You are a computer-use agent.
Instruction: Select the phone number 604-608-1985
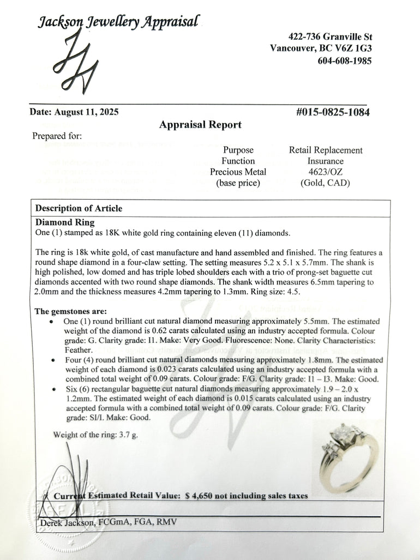pyautogui.click(x=344, y=61)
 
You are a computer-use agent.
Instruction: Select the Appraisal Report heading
pyautogui.click(x=200, y=125)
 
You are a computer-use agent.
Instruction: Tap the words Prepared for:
pyautogui.click(x=57, y=136)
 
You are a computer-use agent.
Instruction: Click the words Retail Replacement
pyautogui.click(x=326, y=150)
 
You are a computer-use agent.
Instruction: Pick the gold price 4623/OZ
pyautogui.click(x=326, y=172)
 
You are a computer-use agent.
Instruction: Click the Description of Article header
pyautogui.click(x=79, y=208)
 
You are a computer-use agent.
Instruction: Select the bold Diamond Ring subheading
pyautogui.click(x=65, y=222)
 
